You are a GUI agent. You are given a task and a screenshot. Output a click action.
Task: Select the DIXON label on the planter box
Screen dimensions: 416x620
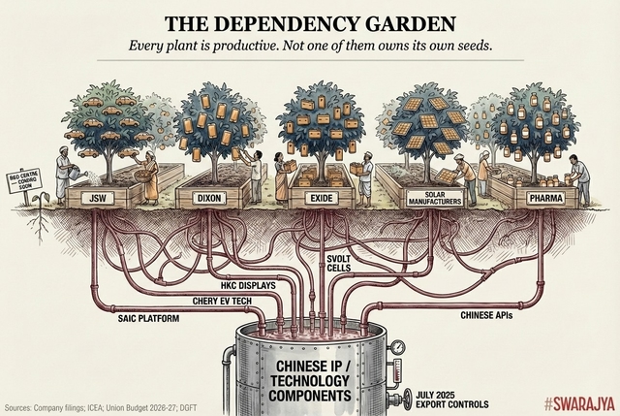click(x=209, y=198)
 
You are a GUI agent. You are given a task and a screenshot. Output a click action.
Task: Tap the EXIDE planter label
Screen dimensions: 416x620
click(x=319, y=198)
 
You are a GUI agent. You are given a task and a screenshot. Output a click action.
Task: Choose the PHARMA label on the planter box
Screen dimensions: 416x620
click(x=543, y=198)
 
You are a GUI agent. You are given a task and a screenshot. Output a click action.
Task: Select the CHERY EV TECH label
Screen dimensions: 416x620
click(x=203, y=301)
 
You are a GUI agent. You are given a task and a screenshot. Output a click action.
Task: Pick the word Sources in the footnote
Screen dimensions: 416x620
click(x=21, y=406)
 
